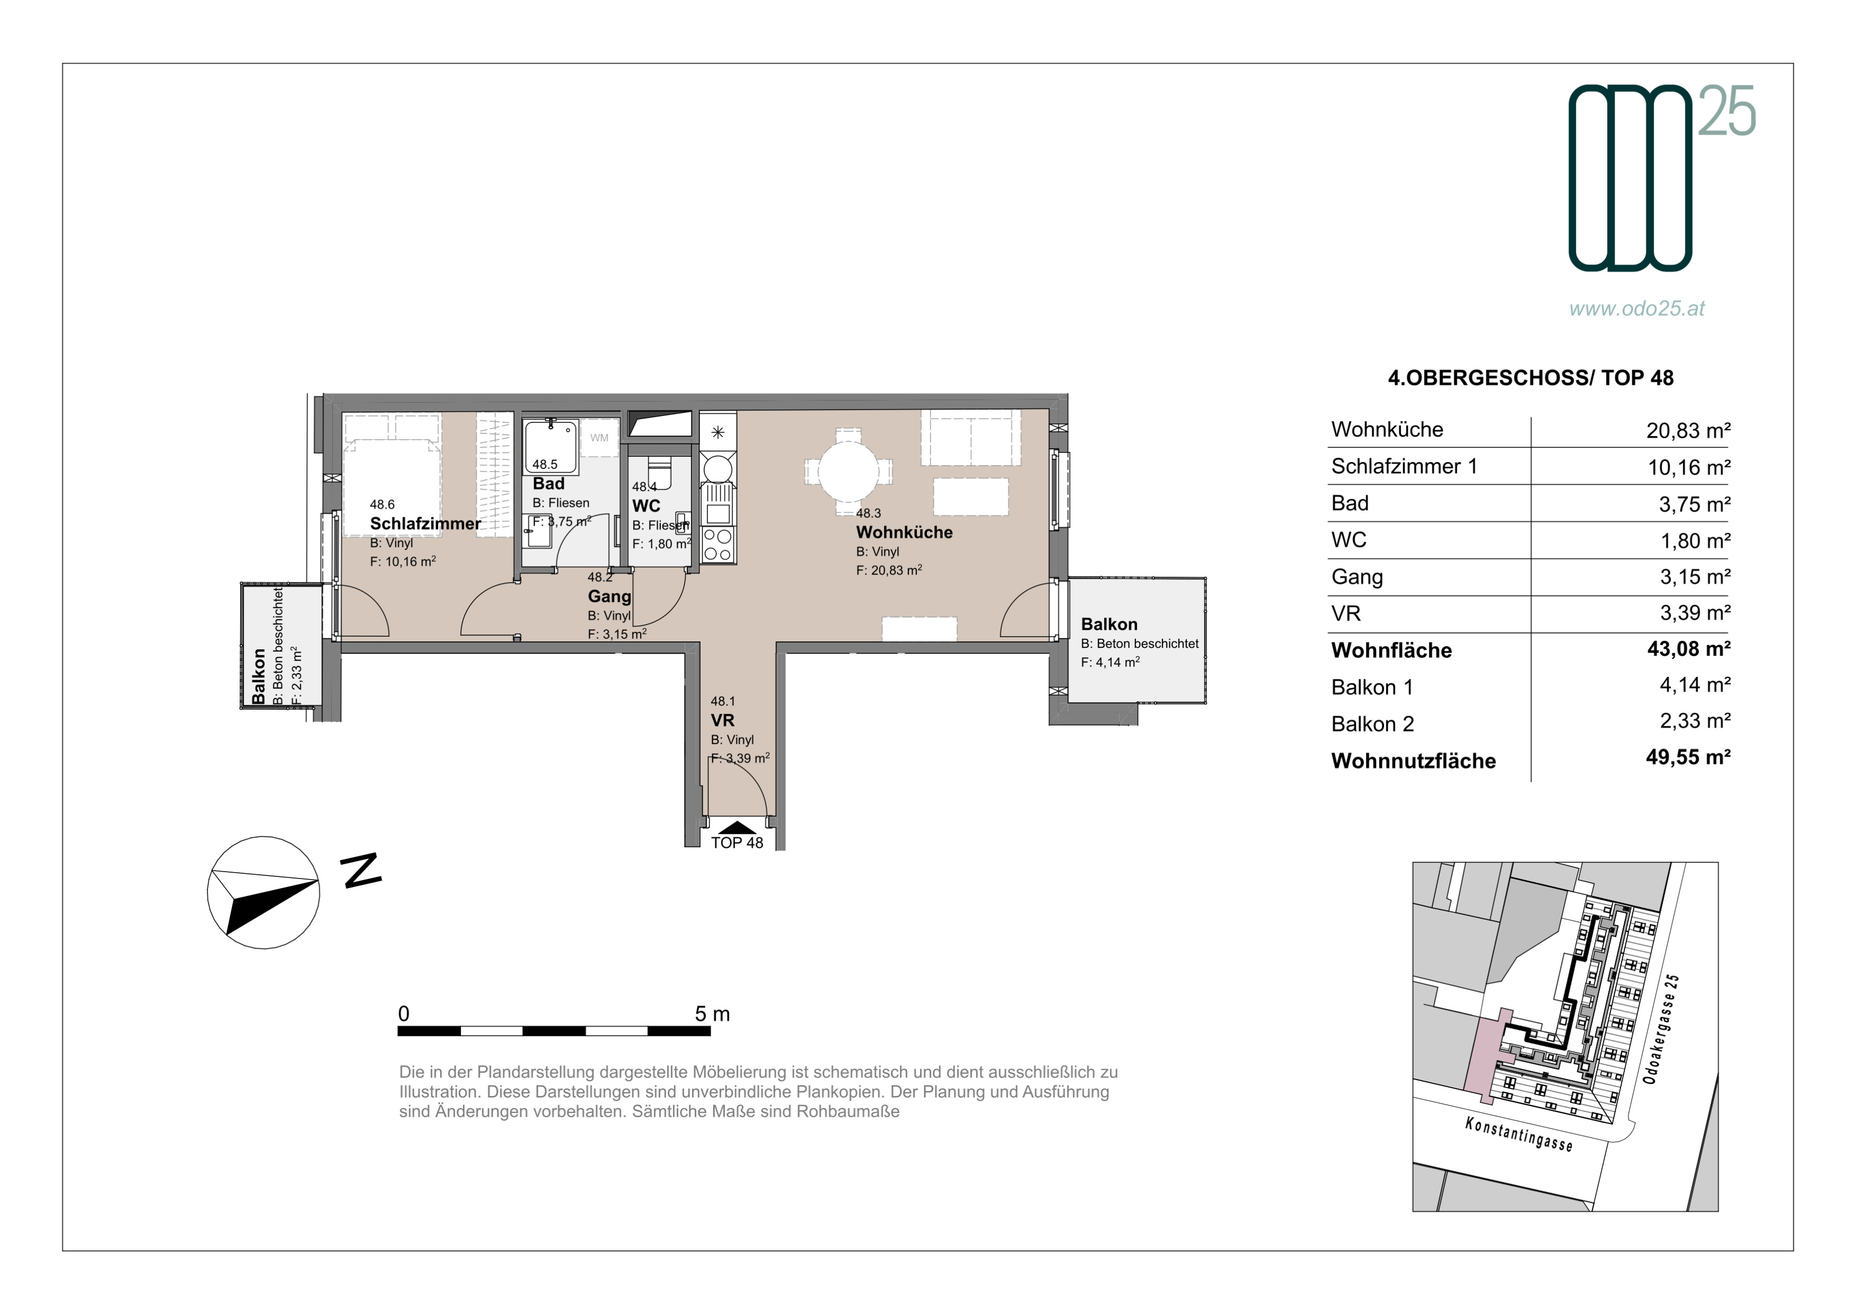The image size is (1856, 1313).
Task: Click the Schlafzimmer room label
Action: [425, 524]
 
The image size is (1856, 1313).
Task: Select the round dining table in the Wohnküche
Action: [848, 469]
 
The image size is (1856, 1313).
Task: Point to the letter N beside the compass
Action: [361, 871]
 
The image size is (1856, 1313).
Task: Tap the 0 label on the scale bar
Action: [404, 1014]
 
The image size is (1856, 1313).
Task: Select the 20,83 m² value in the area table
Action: [1688, 431]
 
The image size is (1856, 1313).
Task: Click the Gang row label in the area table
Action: [1357, 577]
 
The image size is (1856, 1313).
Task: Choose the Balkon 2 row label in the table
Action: [1372, 725]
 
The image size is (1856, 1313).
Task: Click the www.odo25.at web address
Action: [1637, 309]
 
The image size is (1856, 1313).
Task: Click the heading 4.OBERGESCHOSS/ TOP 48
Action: [1530, 378]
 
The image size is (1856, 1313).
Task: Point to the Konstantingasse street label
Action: [1519, 1134]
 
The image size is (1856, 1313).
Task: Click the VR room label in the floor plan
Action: [723, 720]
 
